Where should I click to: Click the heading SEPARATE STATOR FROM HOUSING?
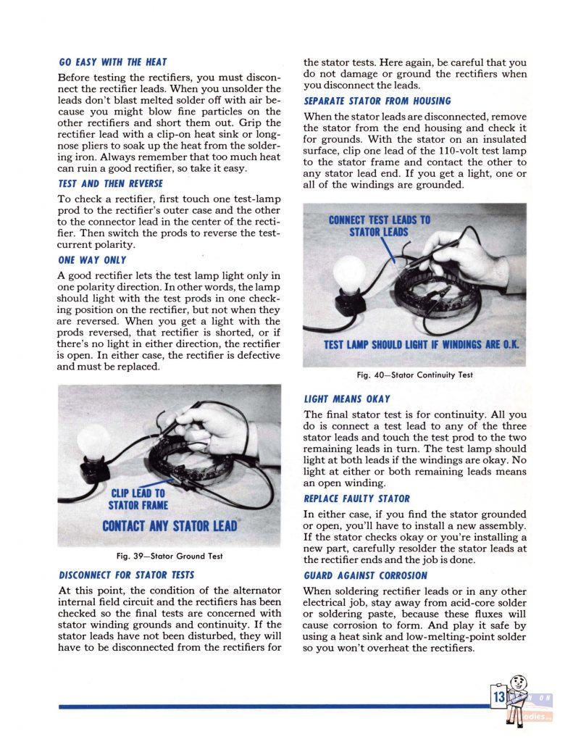point(377,101)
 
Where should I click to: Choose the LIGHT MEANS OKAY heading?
point(347,399)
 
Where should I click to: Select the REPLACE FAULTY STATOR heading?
point(356,499)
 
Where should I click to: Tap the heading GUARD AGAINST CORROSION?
point(365,575)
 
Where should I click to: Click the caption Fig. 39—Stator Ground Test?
point(169,556)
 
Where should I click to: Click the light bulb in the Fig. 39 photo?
point(93,441)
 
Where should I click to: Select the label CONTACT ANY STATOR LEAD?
point(170,525)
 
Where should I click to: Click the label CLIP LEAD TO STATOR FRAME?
point(138,499)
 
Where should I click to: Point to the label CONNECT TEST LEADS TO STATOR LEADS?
point(379,225)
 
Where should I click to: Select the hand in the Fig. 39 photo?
point(217,427)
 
